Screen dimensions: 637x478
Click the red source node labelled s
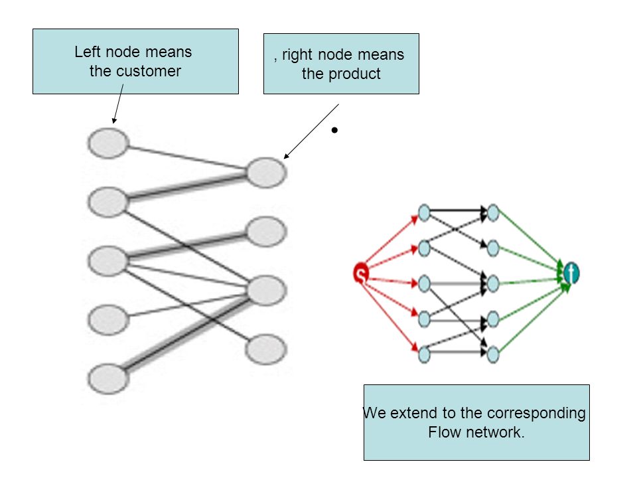click(x=360, y=273)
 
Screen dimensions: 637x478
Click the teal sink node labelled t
click(x=571, y=272)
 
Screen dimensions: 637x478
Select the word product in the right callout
click(x=354, y=74)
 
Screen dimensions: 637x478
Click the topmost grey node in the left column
click(x=108, y=143)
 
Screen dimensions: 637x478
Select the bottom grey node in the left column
click(x=108, y=379)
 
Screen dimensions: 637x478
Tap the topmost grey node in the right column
click(x=266, y=173)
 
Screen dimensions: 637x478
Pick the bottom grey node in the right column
click(x=266, y=349)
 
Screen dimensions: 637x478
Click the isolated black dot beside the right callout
click(x=334, y=130)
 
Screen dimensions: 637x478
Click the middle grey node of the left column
click(x=107, y=261)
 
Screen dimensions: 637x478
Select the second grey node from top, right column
click(x=266, y=232)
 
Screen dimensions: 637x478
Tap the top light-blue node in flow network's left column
click(x=424, y=212)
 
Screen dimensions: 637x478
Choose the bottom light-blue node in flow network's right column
click(x=493, y=354)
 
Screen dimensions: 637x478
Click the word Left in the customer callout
click(x=88, y=52)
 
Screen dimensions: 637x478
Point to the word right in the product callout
click(x=298, y=55)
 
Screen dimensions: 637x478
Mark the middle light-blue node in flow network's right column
click(x=493, y=283)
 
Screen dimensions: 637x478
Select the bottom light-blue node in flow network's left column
click(x=424, y=354)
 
